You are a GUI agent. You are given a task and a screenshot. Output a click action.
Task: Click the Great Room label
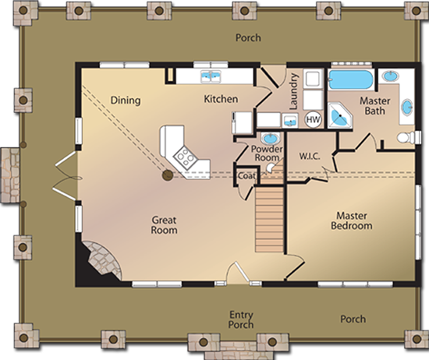click(x=164, y=225)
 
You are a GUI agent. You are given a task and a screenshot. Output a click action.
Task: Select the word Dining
click(x=125, y=100)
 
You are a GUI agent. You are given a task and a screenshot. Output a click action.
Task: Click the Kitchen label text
click(x=221, y=99)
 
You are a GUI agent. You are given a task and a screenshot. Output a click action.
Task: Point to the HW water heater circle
click(x=313, y=119)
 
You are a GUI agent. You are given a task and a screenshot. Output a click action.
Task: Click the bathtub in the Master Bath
click(x=350, y=80)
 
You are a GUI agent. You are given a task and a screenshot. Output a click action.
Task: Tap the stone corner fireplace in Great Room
click(x=99, y=261)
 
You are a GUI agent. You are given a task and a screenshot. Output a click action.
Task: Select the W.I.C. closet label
click(x=310, y=156)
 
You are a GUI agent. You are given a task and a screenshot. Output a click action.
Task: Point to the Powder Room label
click(x=267, y=153)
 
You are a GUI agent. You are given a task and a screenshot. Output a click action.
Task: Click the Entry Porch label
click(x=241, y=319)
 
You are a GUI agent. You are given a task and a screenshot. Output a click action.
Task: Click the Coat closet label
click(x=247, y=176)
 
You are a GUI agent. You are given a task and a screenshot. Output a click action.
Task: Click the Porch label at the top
click(x=249, y=37)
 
